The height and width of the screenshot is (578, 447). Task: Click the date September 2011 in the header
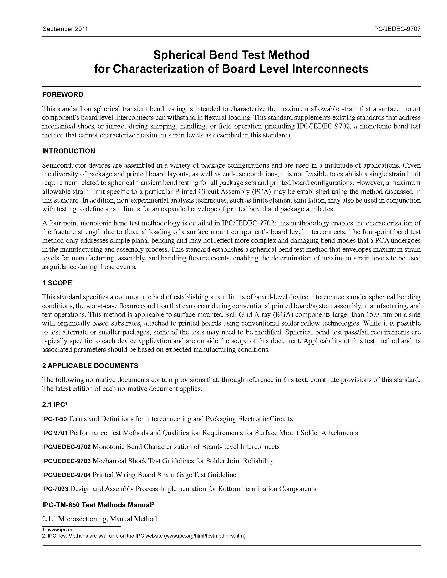click(65, 29)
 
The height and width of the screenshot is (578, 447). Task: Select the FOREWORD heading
click(63, 95)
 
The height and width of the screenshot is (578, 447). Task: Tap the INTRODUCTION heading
click(69, 151)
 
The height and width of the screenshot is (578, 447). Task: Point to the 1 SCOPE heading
click(57, 283)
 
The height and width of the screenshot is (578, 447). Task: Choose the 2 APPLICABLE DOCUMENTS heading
click(90, 366)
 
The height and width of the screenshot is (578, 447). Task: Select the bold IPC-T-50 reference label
click(54, 419)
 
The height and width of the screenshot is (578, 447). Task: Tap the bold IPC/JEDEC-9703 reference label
click(67, 461)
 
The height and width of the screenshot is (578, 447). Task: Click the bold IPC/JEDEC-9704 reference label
click(67, 475)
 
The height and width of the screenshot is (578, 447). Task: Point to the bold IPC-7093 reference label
click(55, 489)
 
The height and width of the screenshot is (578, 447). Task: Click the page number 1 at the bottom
click(418, 551)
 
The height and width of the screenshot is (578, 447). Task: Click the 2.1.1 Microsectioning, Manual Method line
click(100, 519)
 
